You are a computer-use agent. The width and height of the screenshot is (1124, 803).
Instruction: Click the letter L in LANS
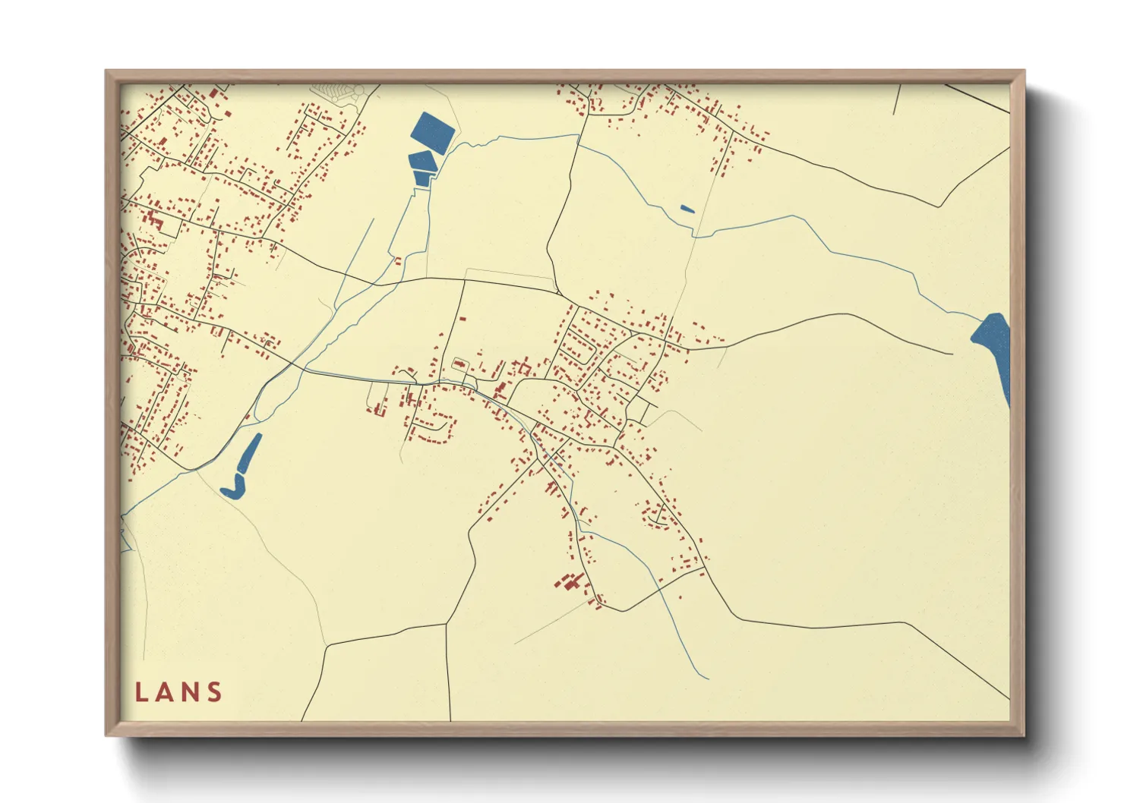140,692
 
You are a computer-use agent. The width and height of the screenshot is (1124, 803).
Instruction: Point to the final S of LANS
215,692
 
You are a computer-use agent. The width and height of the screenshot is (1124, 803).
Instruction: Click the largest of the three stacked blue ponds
432,130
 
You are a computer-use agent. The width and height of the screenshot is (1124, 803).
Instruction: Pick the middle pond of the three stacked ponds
421,161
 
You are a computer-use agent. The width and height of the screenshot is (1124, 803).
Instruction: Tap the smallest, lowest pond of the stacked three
422,178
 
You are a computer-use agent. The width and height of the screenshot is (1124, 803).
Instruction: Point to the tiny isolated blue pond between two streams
687,209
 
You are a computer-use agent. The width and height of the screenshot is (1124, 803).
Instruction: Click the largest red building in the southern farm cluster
568,582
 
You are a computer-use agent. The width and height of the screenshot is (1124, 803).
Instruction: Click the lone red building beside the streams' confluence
397,261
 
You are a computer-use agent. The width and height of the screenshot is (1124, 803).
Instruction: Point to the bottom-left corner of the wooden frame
107,735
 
